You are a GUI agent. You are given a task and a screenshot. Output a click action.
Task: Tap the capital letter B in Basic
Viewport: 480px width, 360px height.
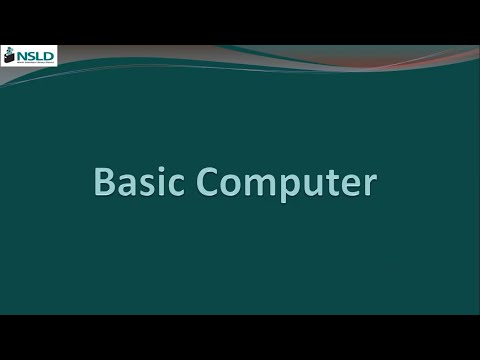click(105, 183)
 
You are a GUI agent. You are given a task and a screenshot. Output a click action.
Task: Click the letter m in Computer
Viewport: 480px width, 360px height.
click(261, 186)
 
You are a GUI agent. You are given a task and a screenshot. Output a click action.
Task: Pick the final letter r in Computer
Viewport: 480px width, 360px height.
click(369, 186)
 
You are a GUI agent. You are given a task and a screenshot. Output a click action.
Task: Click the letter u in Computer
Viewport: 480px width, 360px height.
click(313, 186)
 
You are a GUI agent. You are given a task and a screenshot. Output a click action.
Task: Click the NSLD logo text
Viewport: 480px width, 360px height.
click(36, 53)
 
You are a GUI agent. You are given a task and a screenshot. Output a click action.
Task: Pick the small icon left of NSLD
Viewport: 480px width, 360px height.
click(11, 54)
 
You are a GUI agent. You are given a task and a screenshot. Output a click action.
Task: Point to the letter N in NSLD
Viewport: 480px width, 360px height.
click(23, 53)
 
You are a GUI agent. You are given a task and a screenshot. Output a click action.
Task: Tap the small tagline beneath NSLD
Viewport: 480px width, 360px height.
click(36, 62)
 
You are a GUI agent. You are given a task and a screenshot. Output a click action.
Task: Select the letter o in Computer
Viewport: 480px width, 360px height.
click(233, 186)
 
